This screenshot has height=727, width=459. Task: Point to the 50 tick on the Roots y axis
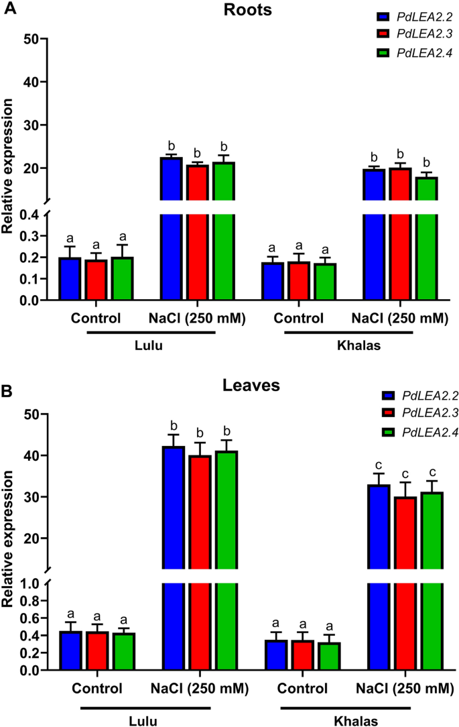[32, 39]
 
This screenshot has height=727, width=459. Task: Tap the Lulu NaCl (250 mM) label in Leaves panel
[199, 689]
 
